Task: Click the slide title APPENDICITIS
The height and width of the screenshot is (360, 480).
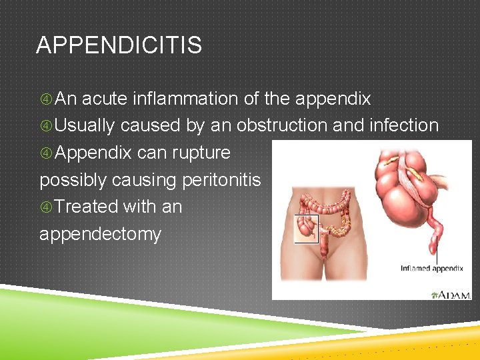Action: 119,46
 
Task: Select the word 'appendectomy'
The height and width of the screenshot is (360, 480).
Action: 100,235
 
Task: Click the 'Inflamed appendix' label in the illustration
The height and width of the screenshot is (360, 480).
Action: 431,269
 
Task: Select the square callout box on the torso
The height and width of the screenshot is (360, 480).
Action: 307,228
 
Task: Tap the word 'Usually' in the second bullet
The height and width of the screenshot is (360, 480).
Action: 85,126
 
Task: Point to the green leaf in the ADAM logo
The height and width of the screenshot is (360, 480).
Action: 435,294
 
